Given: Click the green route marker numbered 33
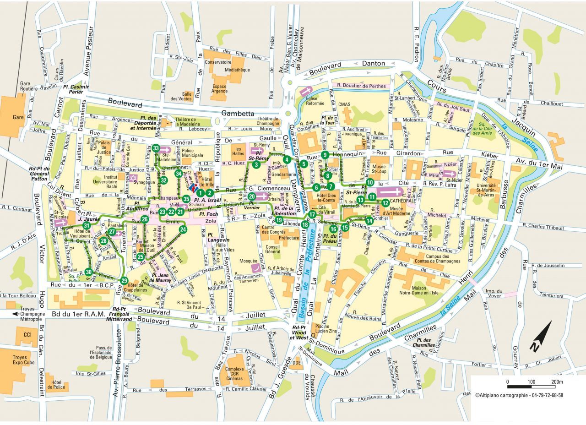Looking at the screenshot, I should point(156,148).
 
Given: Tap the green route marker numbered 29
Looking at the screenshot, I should point(124,281).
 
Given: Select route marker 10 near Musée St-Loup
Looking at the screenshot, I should point(370,182).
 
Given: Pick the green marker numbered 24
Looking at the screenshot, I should point(183,229).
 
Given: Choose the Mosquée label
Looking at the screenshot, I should point(248,261).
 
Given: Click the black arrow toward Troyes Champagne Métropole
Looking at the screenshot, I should point(16,314).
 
